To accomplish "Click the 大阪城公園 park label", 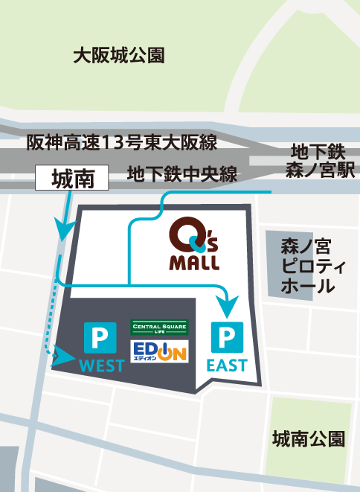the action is tap(119, 55).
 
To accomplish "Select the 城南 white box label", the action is tap(71, 178).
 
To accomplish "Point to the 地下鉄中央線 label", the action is tap(181, 175).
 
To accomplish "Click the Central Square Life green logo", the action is tap(159, 327).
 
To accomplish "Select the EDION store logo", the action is tap(159, 351).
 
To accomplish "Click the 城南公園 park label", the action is tap(308, 438).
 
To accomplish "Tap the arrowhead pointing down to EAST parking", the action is tap(228, 306).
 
